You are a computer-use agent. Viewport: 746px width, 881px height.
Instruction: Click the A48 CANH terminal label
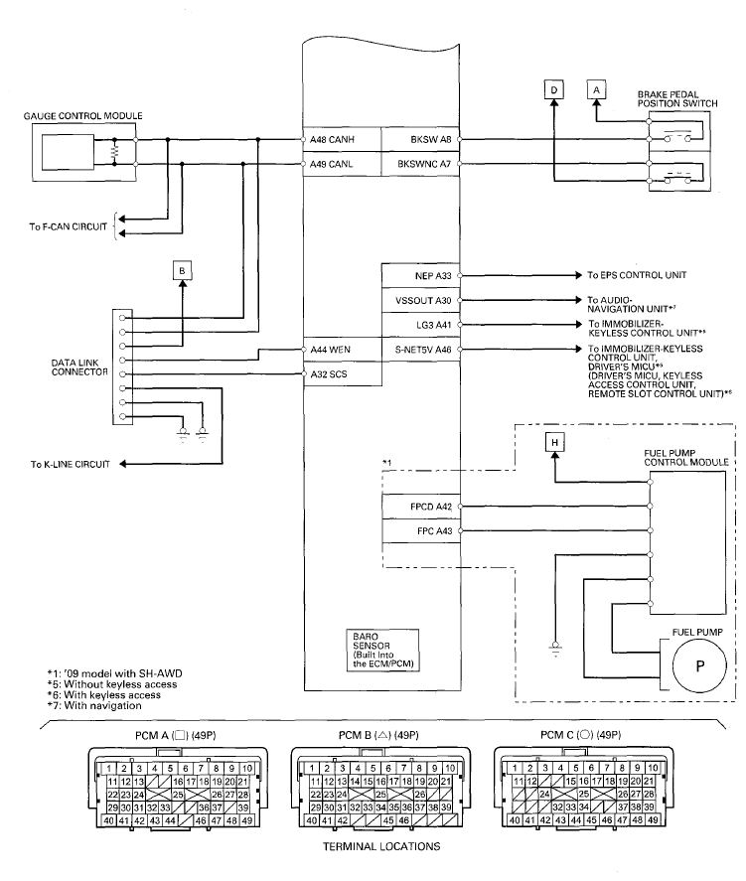(x=332, y=139)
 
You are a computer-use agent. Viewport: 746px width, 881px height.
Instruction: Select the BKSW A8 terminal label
(x=430, y=139)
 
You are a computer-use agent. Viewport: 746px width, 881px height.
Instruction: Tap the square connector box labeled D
(x=554, y=89)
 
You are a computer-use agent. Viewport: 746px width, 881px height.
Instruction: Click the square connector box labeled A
(x=597, y=89)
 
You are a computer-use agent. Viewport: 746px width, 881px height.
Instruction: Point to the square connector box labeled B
(x=182, y=271)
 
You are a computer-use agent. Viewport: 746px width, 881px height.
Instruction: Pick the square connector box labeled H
(x=555, y=443)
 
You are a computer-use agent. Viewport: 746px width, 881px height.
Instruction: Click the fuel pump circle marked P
(x=699, y=665)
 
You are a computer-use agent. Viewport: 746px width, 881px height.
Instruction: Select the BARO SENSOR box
(x=382, y=651)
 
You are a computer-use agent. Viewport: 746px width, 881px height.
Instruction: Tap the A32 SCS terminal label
(x=329, y=374)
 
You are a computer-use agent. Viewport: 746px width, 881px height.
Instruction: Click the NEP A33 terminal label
(x=432, y=276)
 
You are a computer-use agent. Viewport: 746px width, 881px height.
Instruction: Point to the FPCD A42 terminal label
(x=431, y=507)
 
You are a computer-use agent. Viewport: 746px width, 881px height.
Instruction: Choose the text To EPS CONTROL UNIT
(x=637, y=275)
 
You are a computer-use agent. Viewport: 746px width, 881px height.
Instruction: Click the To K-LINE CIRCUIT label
(x=71, y=464)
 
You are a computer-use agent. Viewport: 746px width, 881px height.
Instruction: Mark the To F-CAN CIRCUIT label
(x=68, y=227)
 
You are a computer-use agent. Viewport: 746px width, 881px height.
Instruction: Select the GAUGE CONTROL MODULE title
(x=83, y=116)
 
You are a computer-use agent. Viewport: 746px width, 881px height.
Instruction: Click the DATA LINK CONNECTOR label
(x=79, y=367)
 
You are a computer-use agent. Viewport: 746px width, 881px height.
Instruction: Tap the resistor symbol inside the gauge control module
(x=114, y=152)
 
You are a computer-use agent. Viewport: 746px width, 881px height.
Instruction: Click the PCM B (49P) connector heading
(x=378, y=735)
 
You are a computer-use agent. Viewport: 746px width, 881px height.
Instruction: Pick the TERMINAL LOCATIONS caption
(x=381, y=846)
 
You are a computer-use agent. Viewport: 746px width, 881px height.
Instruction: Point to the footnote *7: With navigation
(x=94, y=706)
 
